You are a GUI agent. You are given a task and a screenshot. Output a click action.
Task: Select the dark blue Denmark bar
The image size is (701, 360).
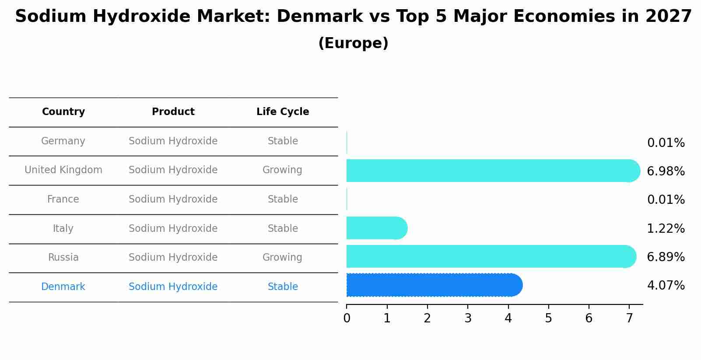[433, 285]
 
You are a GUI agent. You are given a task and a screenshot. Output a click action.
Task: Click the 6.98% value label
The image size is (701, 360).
[666, 171]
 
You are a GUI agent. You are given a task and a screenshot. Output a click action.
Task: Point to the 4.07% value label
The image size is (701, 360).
[666, 286]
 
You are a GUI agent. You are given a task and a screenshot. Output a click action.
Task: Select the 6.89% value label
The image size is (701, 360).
[666, 257]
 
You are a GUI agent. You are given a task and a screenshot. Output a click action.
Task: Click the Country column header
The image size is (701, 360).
[63, 112]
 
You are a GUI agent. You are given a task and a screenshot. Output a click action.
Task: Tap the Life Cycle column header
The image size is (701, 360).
[283, 112]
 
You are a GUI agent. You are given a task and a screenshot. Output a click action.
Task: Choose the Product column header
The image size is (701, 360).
[173, 112]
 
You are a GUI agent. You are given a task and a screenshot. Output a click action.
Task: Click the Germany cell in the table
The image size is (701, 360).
[63, 141]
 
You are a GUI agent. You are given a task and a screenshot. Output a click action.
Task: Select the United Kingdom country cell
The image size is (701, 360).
[63, 170]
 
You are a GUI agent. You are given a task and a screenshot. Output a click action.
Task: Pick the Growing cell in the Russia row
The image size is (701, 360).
[282, 258]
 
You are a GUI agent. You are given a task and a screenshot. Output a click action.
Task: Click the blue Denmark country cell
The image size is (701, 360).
[63, 287]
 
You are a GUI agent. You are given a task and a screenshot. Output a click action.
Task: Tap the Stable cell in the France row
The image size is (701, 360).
[283, 199]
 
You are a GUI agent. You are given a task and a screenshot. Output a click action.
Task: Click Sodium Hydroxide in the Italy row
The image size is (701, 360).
[173, 229]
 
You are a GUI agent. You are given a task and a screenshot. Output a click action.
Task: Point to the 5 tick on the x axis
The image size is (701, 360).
[548, 318]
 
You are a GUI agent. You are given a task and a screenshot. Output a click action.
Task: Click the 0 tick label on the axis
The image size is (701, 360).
[347, 318]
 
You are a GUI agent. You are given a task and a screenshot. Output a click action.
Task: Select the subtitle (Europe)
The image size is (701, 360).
[353, 43]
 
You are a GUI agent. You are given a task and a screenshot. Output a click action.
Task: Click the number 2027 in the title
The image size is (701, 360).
[668, 17]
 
